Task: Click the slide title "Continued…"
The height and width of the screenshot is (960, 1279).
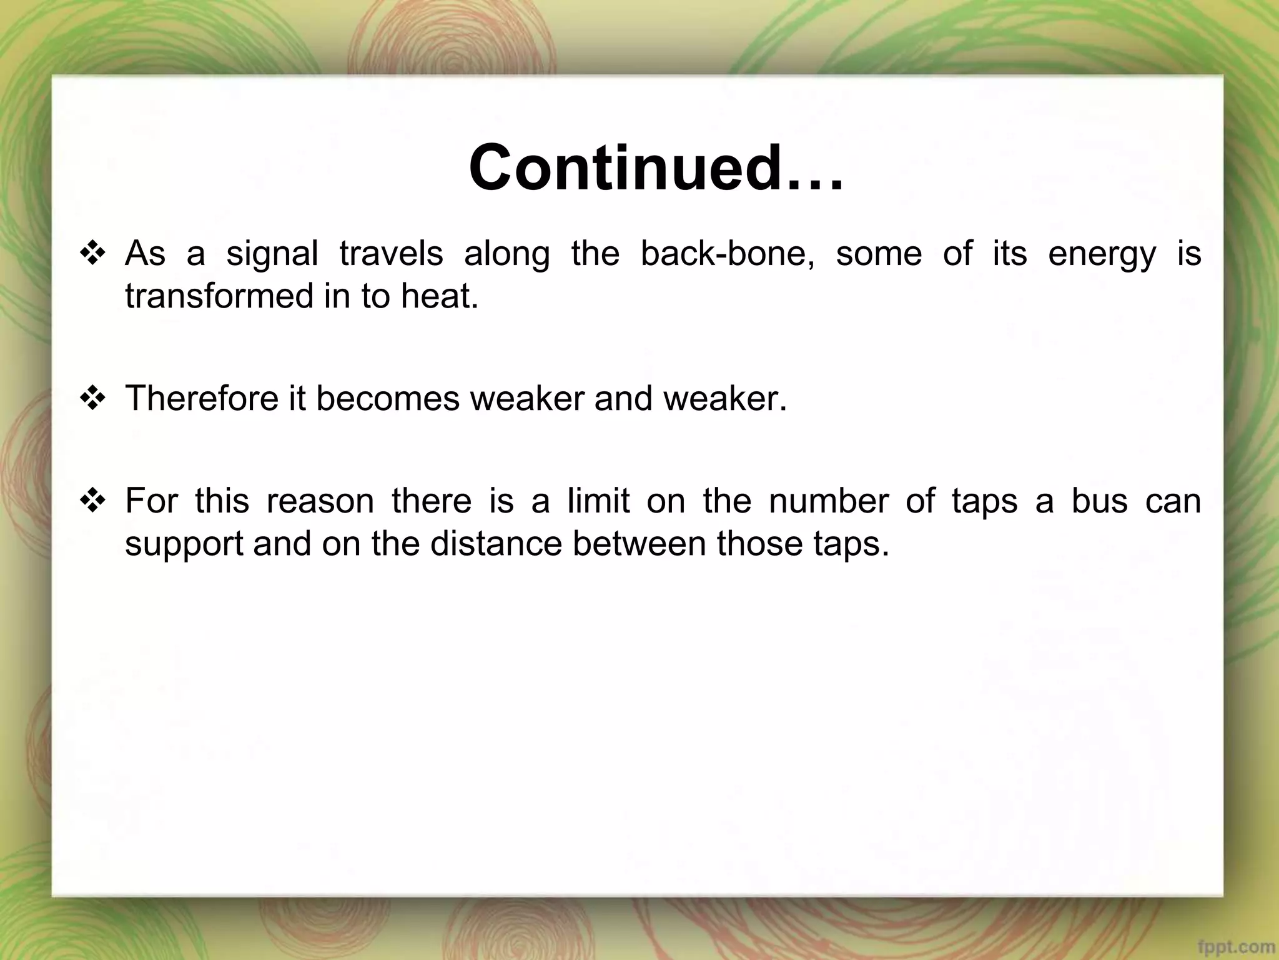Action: point(656,168)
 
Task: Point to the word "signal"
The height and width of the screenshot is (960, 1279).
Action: point(272,255)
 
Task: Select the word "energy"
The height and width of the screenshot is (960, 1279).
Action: point(1102,255)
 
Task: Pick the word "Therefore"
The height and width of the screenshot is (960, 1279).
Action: point(202,398)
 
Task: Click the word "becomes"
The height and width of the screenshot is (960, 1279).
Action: point(388,398)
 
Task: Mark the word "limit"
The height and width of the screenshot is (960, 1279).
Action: point(598,501)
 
